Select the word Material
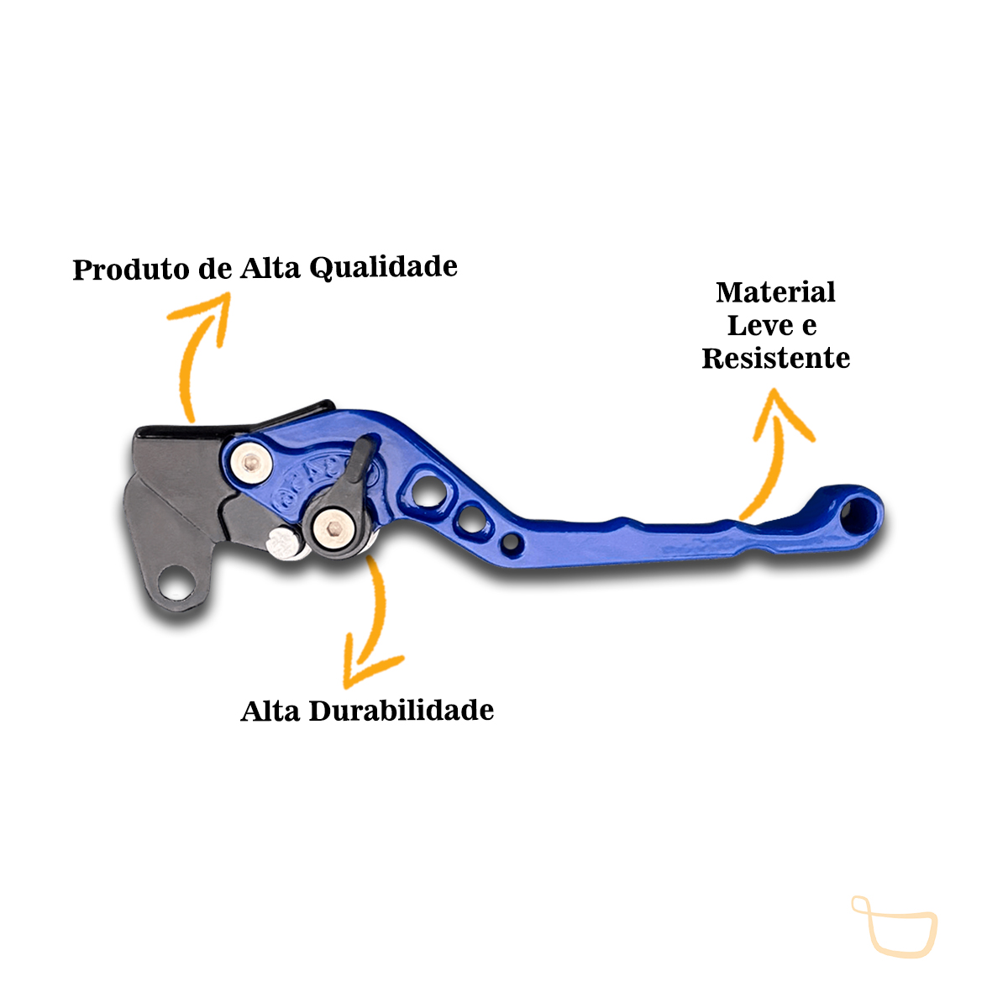(775, 292)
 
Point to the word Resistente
(775, 358)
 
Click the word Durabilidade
(402, 711)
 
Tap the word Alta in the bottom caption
(270, 711)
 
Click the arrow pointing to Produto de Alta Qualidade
(197, 353)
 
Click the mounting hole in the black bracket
(176, 580)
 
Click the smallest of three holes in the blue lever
(511, 543)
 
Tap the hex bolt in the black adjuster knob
(333, 527)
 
